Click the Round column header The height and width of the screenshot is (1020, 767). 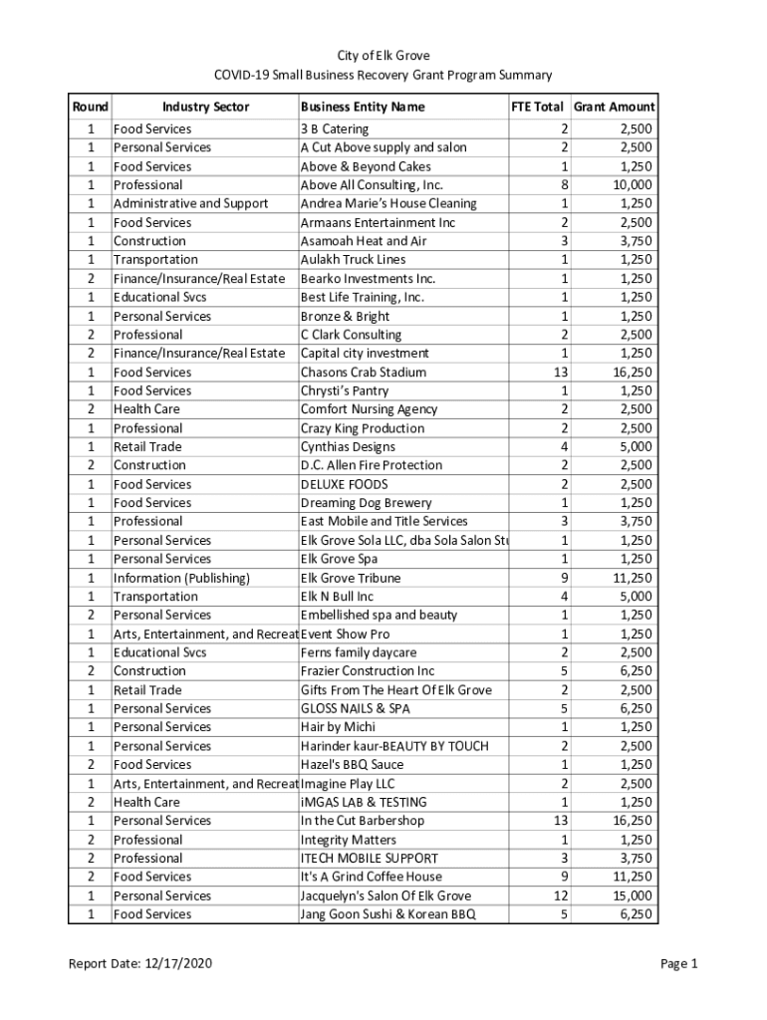click(x=90, y=107)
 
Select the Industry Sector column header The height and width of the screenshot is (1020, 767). click(x=205, y=107)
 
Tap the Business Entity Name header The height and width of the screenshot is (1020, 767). click(x=362, y=107)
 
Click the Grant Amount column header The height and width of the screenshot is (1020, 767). click(x=614, y=107)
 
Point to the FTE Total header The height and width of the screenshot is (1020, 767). click(x=537, y=107)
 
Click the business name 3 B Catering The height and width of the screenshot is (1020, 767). click(x=334, y=129)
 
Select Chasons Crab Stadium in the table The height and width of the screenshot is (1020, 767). click(x=363, y=373)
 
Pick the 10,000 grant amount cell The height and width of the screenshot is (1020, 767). click(x=633, y=185)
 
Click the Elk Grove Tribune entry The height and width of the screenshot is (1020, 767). click(x=351, y=578)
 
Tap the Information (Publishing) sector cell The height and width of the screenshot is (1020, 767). click(x=181, y=578)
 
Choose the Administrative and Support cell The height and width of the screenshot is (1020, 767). click(x=190, y=204)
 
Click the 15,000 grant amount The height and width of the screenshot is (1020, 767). click(x=633, y=895)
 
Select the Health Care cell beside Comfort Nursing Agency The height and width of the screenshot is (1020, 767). click(x=146, y=409)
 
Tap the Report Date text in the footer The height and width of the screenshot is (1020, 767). click(x=139, y=963)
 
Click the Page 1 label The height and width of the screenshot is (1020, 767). click(x=678, y=963)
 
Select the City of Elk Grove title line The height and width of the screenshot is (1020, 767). click(x=383, y=56)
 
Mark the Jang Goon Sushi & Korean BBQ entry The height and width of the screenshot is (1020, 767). click(x=388, y=914)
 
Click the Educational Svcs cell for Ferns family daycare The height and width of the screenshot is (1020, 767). click(x=159, y=652)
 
